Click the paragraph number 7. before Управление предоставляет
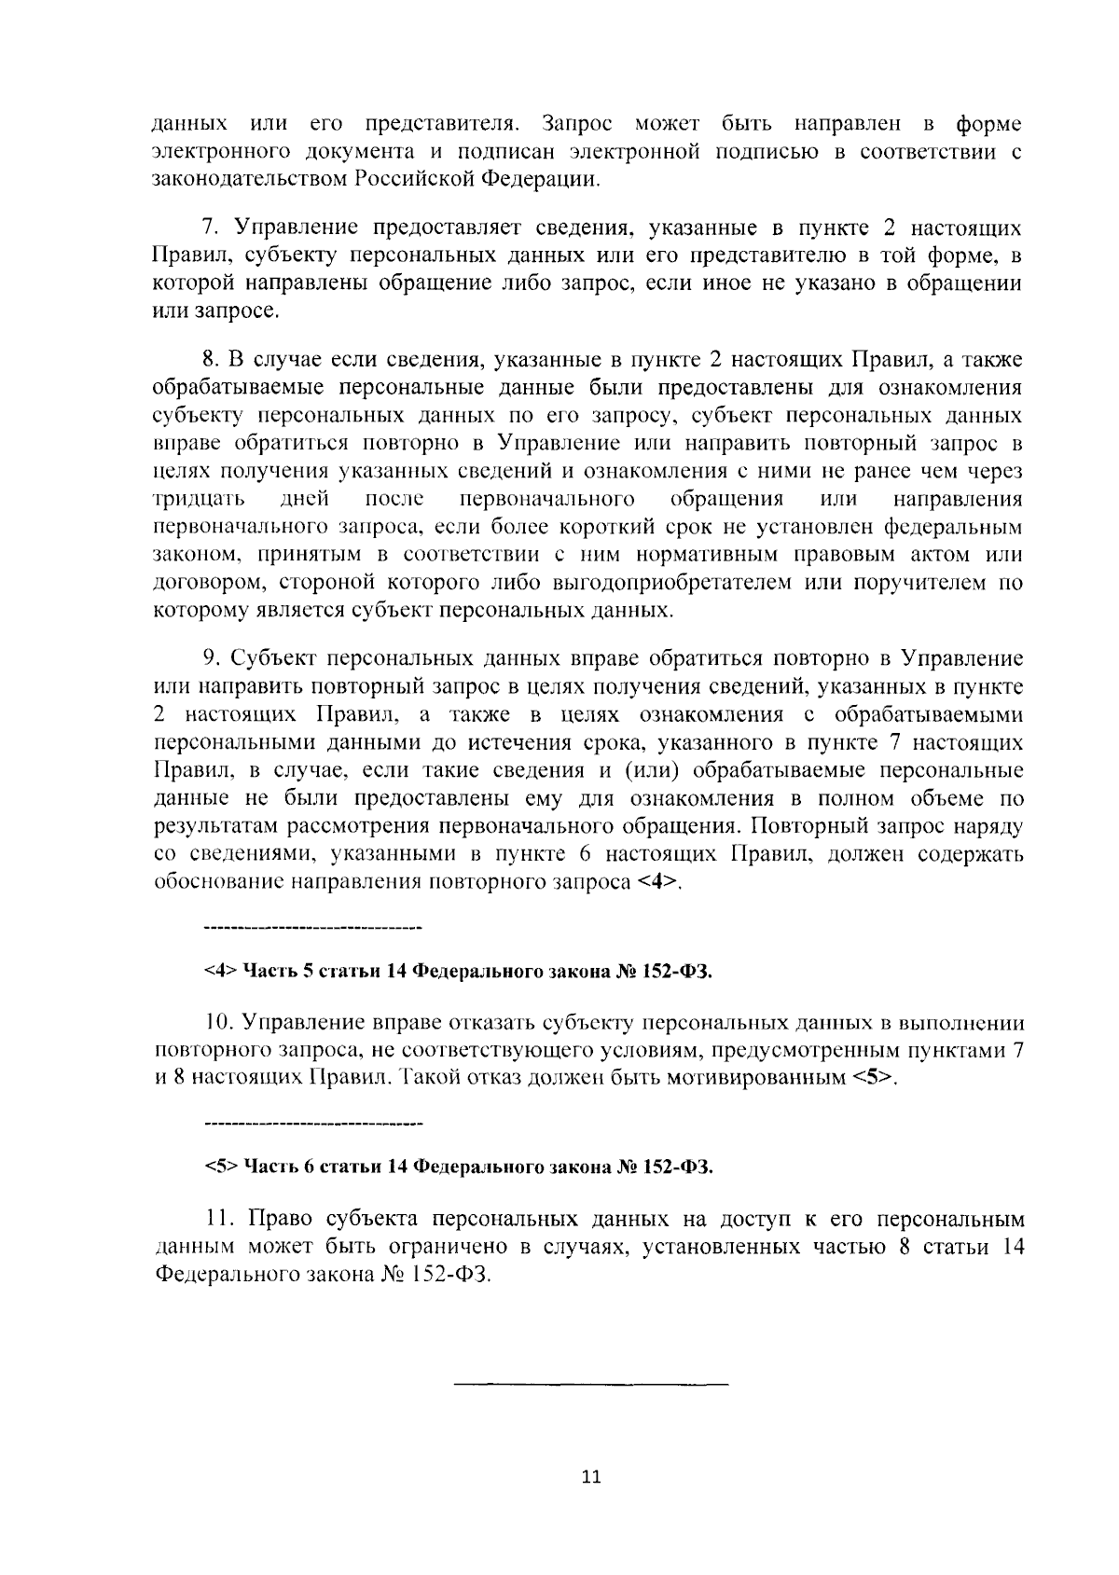pyautogui.click(x=211, y=228)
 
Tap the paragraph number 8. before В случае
pyautogui.click(x=211, y=360)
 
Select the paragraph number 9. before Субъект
pyautogui.click(x=211, y=659)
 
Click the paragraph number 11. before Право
pyautogui.click(x=216, y=1219)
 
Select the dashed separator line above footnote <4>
pyautogui.click(x=312, y=929)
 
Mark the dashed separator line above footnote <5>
pyautogui.click(x=312, y=1123)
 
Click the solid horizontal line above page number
pyautogui.click(x=591, y=1384)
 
